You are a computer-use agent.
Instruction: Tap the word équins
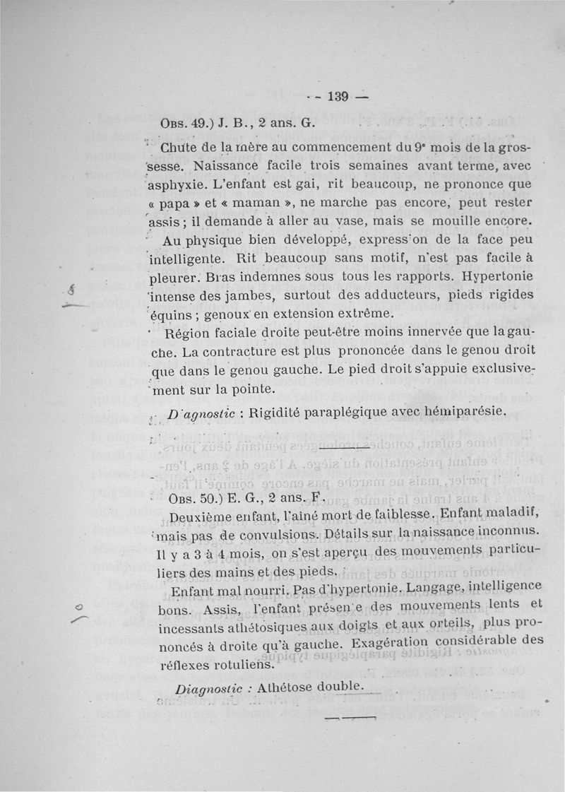[x=177, y=312]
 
